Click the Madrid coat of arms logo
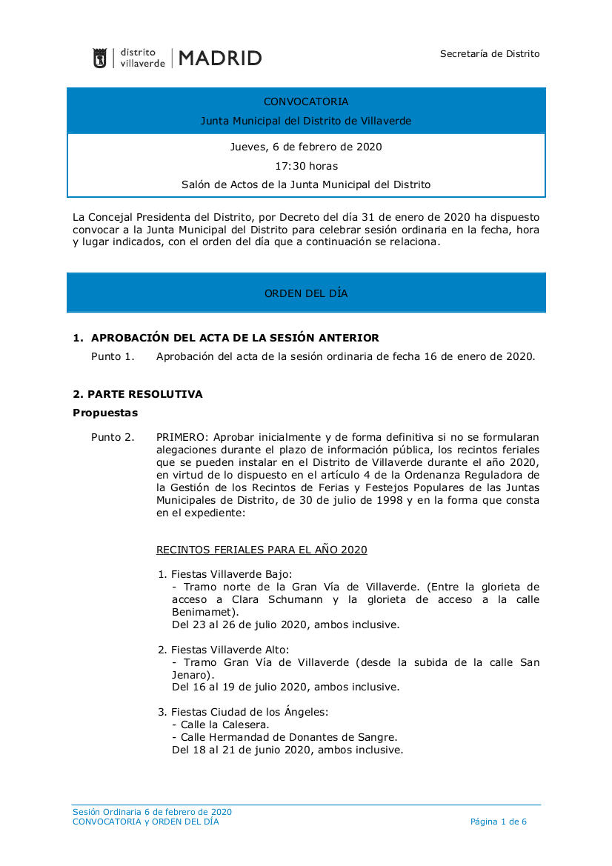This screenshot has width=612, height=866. [x=99, y=59]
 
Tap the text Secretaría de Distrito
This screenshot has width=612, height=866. [x=490, y=53]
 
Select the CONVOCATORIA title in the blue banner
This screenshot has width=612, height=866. [x=306, y=101]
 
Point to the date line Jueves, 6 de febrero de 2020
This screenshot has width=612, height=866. [x=306, y=147]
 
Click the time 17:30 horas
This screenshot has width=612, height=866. [x=306, y=166]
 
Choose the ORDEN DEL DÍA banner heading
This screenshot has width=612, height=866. [x=306, y=293]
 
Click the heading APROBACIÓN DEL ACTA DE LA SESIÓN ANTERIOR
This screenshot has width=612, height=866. [x=235, y=338]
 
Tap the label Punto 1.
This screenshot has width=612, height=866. [x=113, y=356]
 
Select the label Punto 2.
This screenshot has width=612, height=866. [x=113, y=437]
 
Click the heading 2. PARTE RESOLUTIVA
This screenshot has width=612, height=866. [x=138, y=394]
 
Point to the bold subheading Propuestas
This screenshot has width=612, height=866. [x=105, y=413]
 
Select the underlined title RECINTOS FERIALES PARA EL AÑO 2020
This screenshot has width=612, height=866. [x=262, y=550]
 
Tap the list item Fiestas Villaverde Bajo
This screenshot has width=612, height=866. [x=231, y=574]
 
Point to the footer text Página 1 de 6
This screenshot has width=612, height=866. [x=499, y=822]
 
